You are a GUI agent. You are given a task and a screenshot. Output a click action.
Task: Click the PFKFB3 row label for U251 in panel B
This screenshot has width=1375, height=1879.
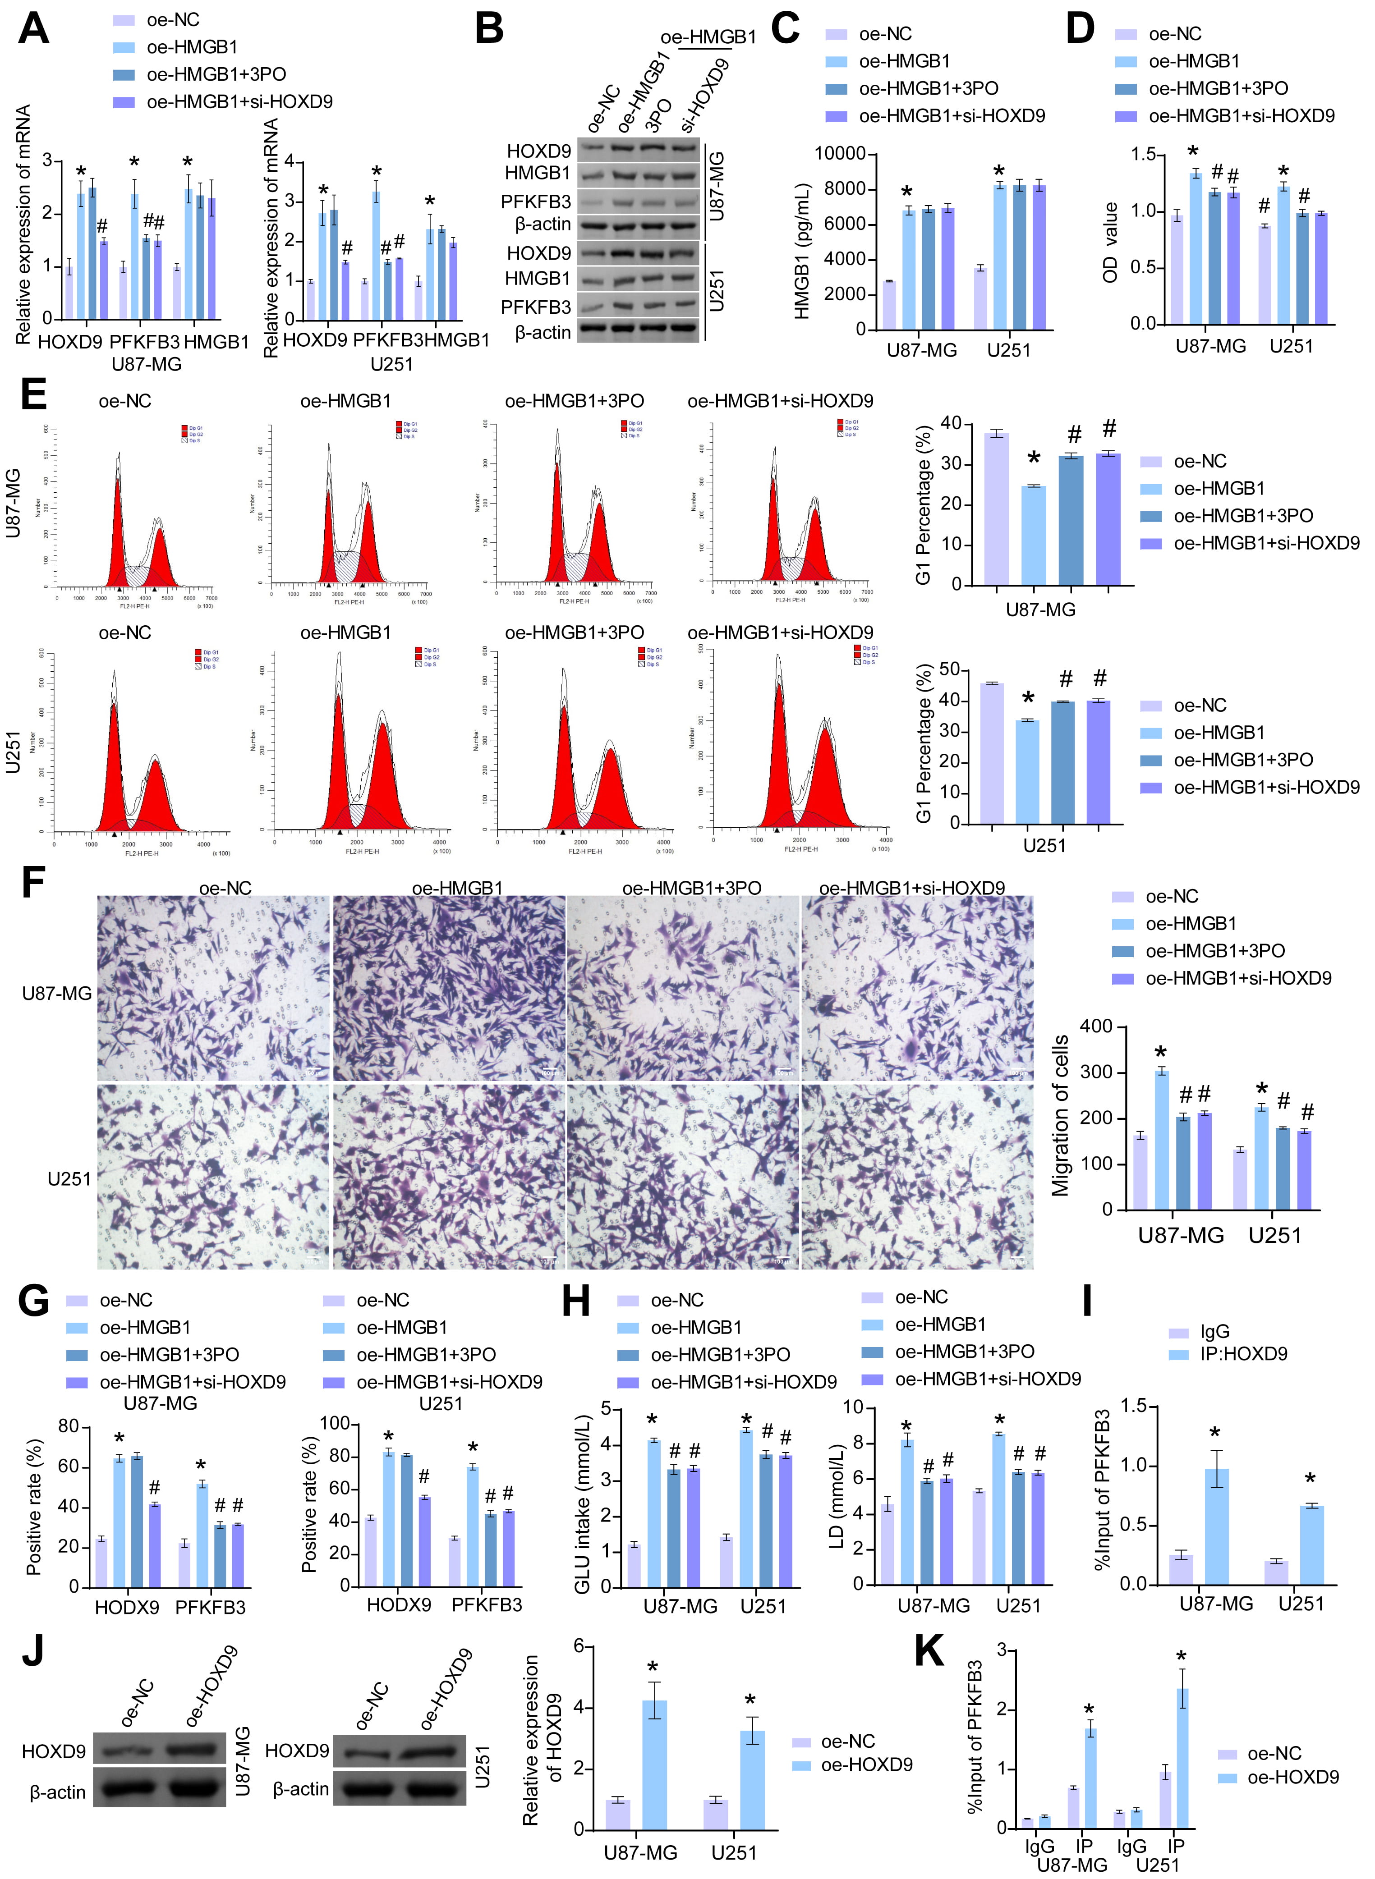(x=535, y=307)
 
